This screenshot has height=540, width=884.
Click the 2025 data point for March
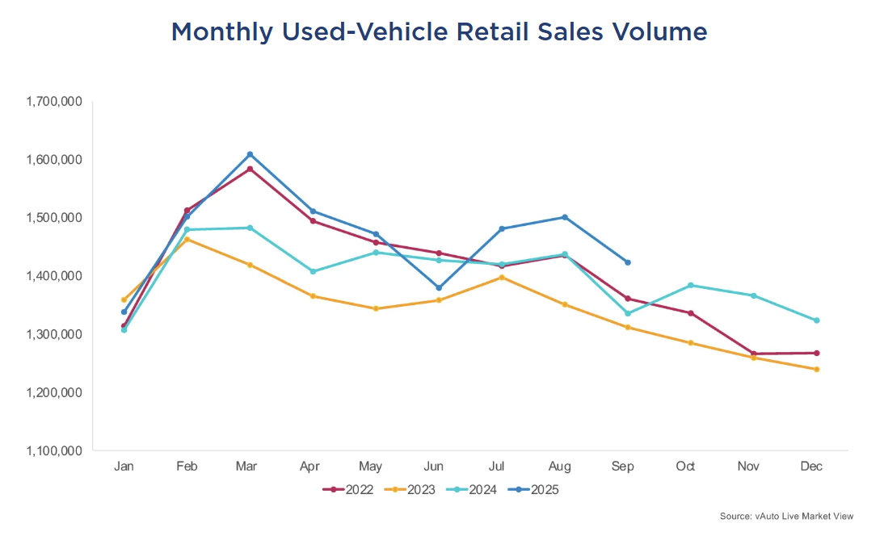(250, 154)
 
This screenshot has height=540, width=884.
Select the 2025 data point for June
(439, 287)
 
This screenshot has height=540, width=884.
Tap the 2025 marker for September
(628, 262)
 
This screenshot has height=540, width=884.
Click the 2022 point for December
(817, 353)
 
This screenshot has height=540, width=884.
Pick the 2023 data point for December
(817, 370)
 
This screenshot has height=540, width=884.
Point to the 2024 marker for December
(817, 320)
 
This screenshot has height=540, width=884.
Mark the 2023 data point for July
(502, 278)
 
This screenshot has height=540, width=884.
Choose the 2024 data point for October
(691, 285)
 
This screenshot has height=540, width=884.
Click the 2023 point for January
(124, 300)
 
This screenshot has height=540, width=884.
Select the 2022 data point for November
(754, 354)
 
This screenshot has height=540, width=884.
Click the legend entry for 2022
(347, 489)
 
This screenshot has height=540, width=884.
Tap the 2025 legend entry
(533, 489)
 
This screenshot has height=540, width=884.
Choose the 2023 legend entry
(410, 489)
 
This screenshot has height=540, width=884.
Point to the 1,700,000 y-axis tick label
(53, 102)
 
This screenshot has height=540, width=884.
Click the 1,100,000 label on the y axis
(53, 450)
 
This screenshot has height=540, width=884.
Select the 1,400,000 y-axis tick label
(53, 276)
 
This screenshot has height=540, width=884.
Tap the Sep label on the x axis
(623, 467)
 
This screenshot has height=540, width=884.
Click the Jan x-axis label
(124, 467)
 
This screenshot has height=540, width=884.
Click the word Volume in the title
(655, 32)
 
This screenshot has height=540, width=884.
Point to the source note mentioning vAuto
(786, 516)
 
